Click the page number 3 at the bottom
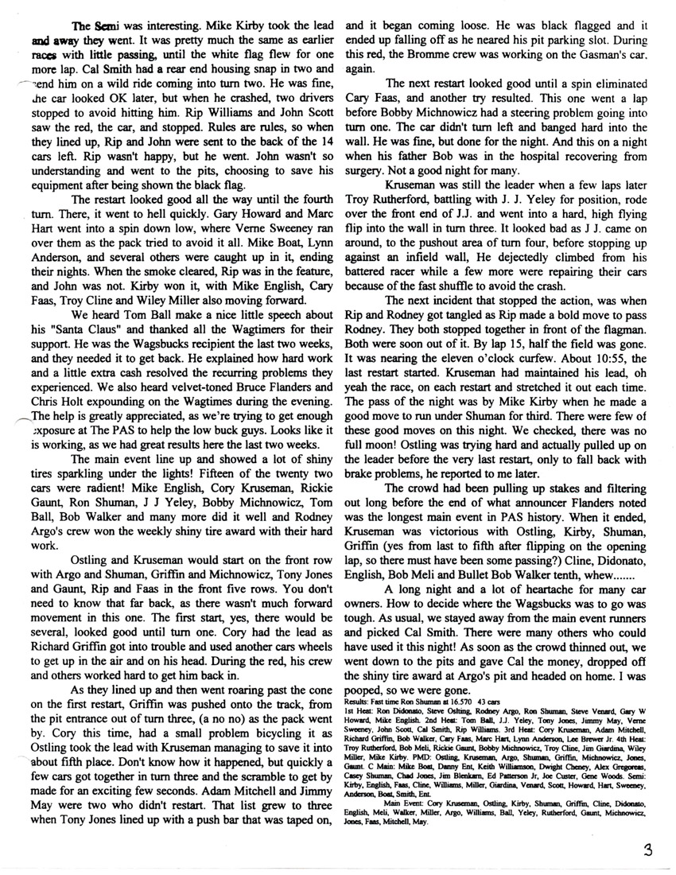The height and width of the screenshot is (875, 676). [x=650, y=849]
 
